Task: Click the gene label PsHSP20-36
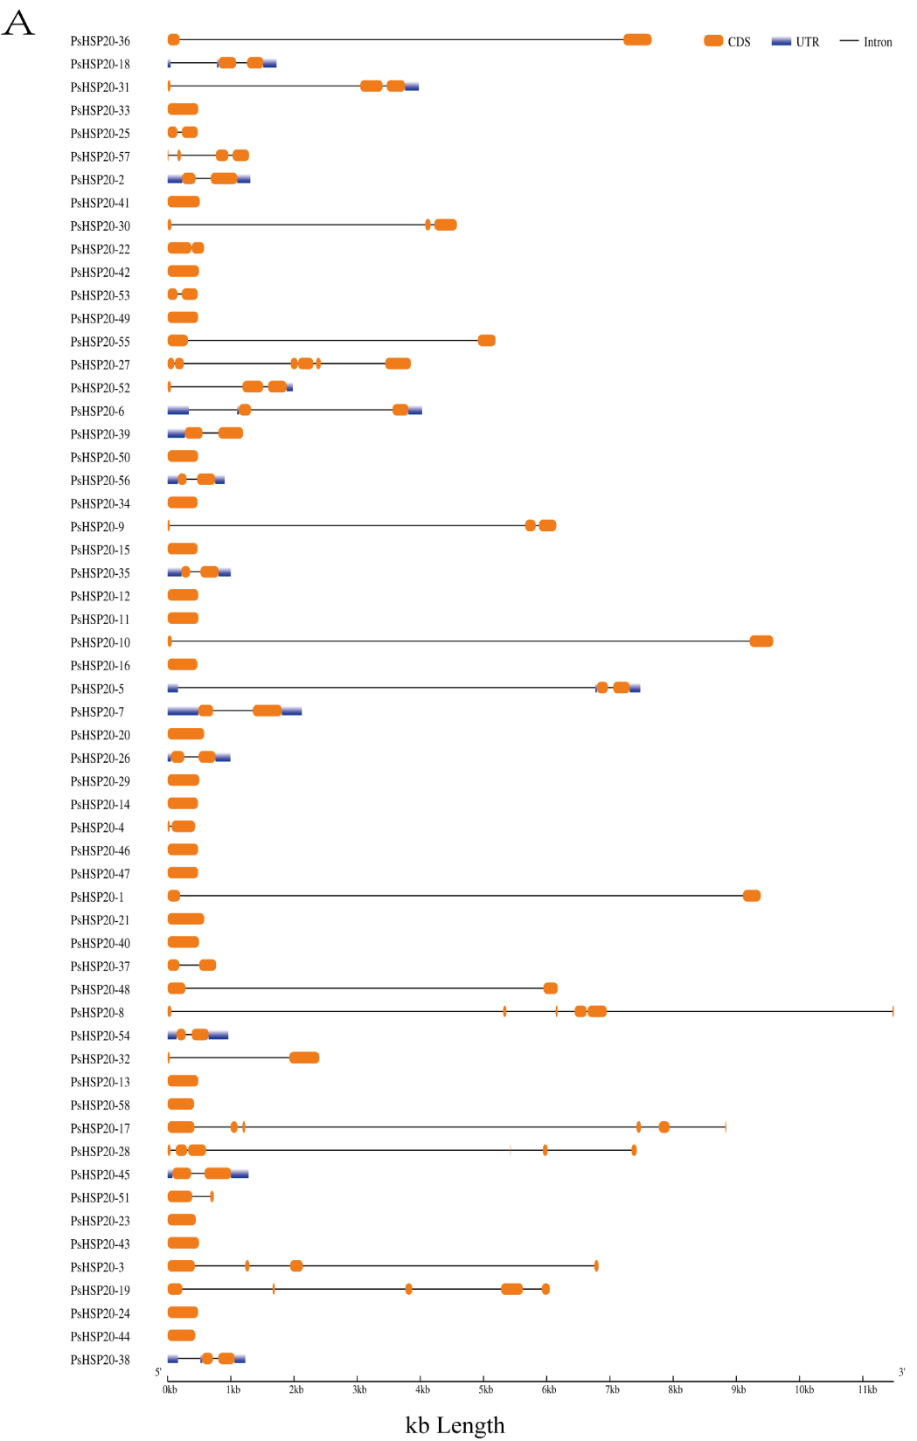[x=100, y=41]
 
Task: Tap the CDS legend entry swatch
[x=713, y=41]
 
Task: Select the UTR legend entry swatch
[x=781, y=41]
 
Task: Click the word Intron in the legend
[x=878, y=42]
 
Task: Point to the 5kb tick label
[x=485, y=1389]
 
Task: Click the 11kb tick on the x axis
[x=866, y=1389]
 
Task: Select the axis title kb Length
[x=455, y=1424]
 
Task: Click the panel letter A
[x=18, y=24]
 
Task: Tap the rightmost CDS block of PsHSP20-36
[x=637, y=39]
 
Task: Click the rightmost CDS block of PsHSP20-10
[x=761, y=641]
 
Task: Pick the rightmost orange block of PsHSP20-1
[x=752, y=896]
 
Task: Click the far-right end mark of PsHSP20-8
[x=893, y=1012]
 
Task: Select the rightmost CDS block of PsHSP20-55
[x=487, y=341]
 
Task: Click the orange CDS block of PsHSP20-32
[x=304, y=1058]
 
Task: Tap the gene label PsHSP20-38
[x=100, y=1360]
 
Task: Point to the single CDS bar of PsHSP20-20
[x=185, y=734]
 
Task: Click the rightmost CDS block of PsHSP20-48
[x=551, y=988]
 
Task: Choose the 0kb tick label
[x=170, y=1389]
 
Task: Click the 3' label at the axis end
[x=901, y=1372]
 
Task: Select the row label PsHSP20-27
[x=100, y=365]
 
